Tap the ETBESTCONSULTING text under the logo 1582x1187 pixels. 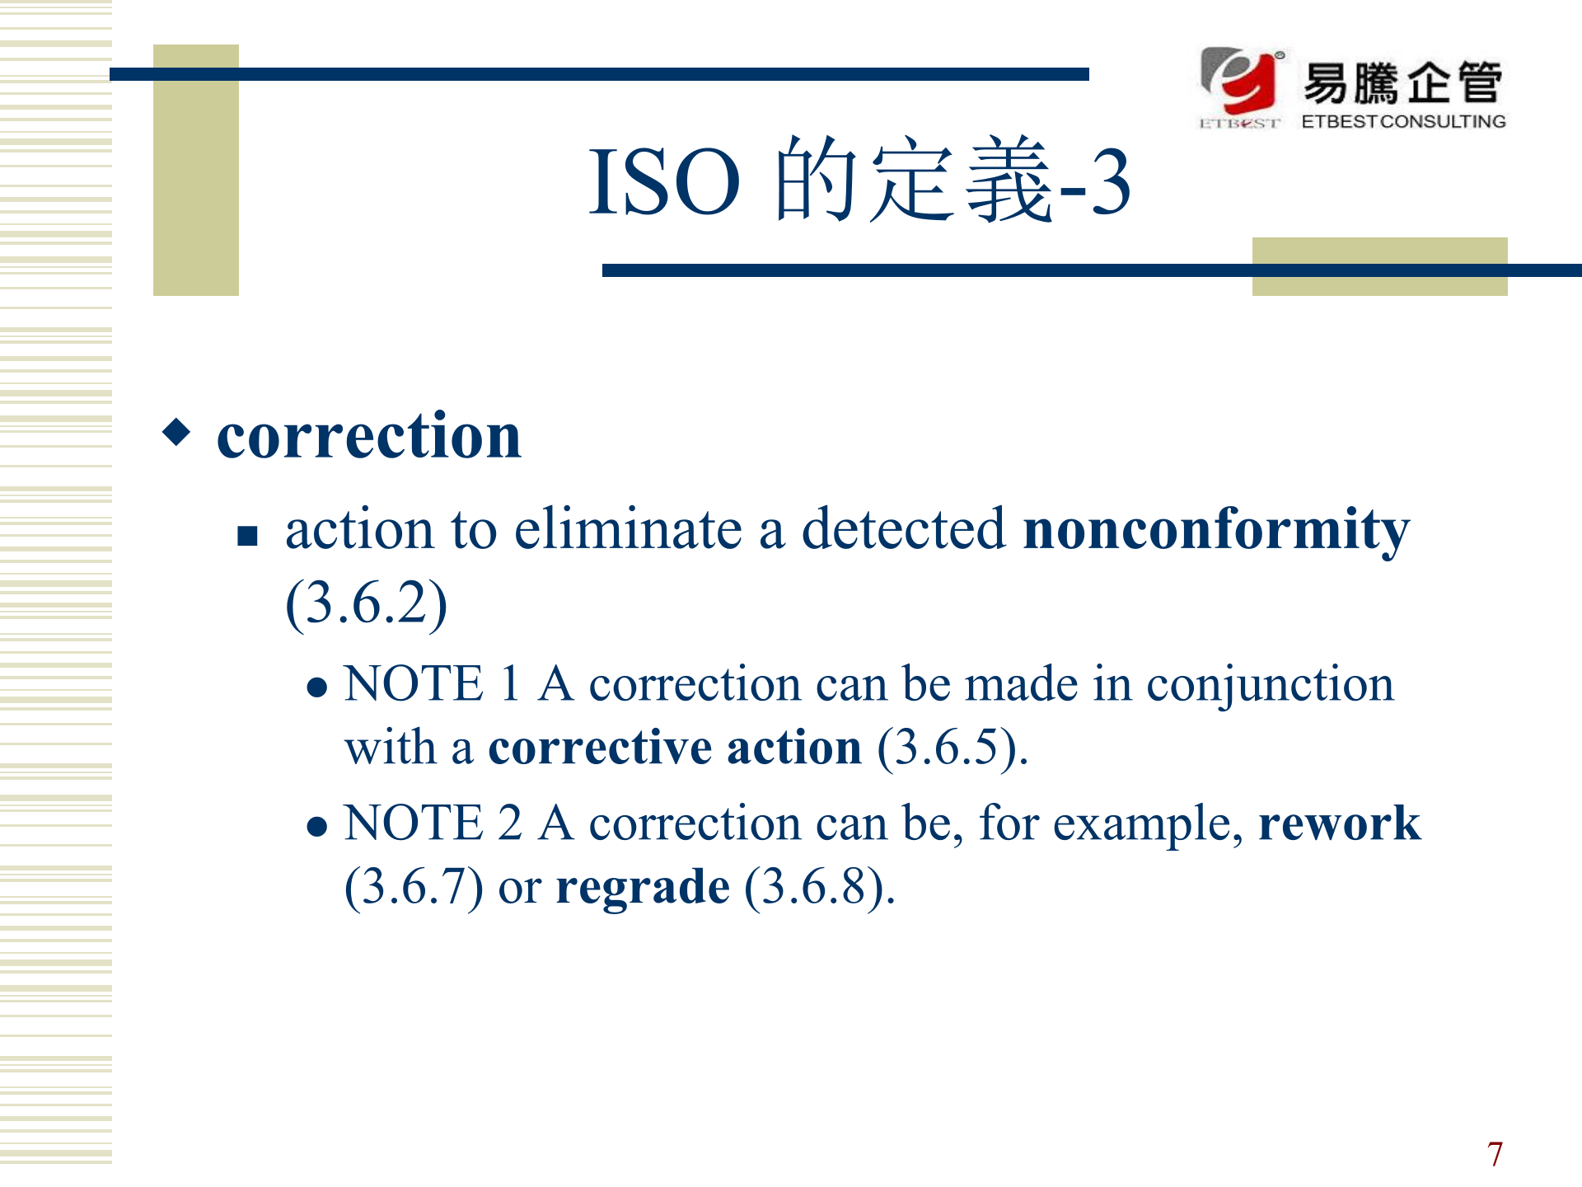(x=1403, y=121)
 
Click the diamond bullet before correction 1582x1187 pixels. (x=176, y=431)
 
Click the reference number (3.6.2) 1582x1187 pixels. (x=366, y=603)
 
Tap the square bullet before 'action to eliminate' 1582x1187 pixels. (x=247, y=537)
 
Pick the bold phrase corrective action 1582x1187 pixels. (x=675, y=748)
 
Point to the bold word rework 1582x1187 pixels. (x=1340, y=823)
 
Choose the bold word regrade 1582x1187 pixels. (x=643, y=889)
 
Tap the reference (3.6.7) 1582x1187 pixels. (x=414, y=887)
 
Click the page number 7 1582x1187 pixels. (x=1495, y=1154)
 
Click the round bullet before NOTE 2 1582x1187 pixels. (x=317, y=827)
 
